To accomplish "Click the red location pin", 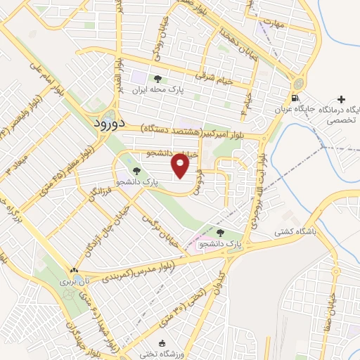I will tap(181, 165).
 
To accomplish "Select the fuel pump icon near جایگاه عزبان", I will tap(294, 98).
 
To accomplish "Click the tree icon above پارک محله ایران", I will tap(157, 79).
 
